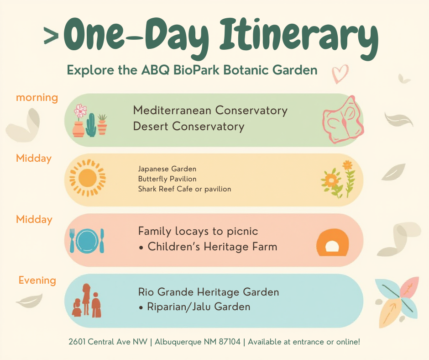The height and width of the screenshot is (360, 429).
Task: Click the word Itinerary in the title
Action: click(299, 38)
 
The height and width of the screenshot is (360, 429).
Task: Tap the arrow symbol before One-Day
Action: click(51, 36)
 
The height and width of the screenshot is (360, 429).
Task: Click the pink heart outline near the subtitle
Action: click(340, 74)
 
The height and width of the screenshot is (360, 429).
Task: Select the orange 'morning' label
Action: click(37, 97)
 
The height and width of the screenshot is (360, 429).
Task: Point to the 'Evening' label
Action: click(37, 280)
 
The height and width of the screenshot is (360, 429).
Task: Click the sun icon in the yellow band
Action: click(88, 178)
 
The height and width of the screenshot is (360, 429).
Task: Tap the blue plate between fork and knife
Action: click(87, 241)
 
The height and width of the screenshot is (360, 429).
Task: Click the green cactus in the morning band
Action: click(91, 125)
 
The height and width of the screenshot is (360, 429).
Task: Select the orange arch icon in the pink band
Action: click(332, 242)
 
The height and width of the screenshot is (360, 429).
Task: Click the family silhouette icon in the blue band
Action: click(86, 301)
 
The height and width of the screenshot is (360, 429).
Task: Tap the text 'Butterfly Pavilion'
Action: click(167, 179)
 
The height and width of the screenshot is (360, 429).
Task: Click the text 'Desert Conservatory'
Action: click(188, 127)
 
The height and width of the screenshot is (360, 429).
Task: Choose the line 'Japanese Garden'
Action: click(167, 169)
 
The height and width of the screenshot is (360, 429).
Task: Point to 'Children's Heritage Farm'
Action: click(212, 247)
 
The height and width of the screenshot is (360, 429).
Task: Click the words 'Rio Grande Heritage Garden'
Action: click(209, 292)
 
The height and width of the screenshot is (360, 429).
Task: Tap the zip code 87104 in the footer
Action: click(230, 342)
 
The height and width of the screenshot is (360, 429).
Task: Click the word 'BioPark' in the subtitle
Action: click(196, 70)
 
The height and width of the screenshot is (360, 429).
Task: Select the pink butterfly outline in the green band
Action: click(343, 119)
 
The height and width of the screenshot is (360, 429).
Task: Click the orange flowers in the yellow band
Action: click(338, 179)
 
